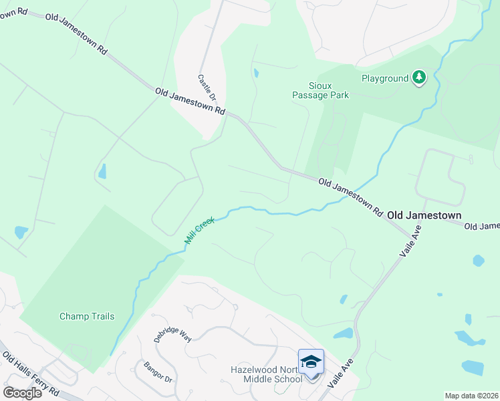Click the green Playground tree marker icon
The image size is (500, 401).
[x=419, y=78]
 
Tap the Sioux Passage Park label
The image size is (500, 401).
[x=320, y=90]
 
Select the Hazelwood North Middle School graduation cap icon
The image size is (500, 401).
[x=311, y=362]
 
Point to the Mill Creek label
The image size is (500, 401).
[x=199, y=230]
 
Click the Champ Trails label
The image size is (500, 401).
[x=87, y=316]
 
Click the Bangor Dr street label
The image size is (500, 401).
[x=158, y=373]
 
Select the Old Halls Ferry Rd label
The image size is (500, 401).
[x=30, y=374]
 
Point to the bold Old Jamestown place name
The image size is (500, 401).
[x=424, y=215]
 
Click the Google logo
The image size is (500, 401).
[x=22, y=392]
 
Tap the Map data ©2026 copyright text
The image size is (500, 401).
[x=471, y=396]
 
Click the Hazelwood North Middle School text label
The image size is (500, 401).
[x=267, y=374]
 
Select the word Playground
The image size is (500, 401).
[x=385, y=78]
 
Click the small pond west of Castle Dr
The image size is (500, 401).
[x=102, y=172]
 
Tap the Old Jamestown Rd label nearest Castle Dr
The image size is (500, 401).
[x=190, y=100]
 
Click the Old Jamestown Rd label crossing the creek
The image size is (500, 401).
[x=350, y=196]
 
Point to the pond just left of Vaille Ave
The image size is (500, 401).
[x=343, y=333]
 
